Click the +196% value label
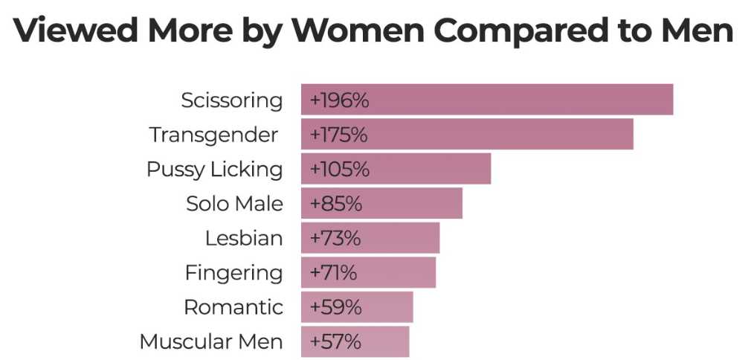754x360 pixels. [x=339, y=100]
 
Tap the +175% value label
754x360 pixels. [x=339, y=135]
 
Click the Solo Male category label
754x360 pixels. [x=234, y=203]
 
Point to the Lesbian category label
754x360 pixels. [x=244, y=238]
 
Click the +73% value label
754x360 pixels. [x=335, y=238]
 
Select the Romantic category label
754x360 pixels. [x=233, y=306]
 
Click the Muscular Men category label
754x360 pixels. [x=211, y=341]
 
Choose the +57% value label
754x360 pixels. [x=335, y=341]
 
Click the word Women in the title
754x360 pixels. [x=357, y=30]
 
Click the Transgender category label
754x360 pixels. [x=213, y=135]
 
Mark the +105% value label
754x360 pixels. [x=339, y=169]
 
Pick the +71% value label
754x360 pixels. [x=333, y=272]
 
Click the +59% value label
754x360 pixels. [x=335, y=306]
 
